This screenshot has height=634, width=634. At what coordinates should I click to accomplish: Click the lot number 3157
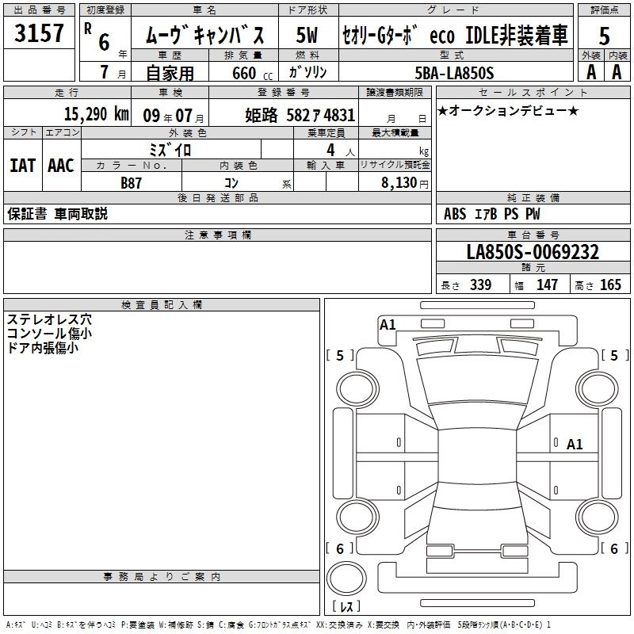click(x=39, y=32)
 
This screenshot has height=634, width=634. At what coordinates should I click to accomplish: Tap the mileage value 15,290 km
click(x=97, y=114)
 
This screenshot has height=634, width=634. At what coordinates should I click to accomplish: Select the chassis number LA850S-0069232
click(x=533, y=252)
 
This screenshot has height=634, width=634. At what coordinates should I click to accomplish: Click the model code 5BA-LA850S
click(x=454, y=73)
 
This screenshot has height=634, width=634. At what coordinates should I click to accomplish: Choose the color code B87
click(x=131, y=183)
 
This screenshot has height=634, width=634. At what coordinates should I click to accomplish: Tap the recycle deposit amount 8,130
click(x=399, y=182)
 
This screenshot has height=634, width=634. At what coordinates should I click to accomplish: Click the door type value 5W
click(x=307, y=35)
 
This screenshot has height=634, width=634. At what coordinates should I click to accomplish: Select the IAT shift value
click(x=23, y=166)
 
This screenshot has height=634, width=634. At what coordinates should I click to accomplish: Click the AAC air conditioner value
click(x=61, y=166)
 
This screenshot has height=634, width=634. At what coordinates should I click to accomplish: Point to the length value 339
click(x=480, y=285)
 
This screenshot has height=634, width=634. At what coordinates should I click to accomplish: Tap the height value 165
click(x=610, y=285)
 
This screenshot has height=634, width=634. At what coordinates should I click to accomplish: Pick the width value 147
click(x=547, y=285)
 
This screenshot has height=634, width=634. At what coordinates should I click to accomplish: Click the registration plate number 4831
click(x=339, y=115)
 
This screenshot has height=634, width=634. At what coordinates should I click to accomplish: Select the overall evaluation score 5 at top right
click(x=604, y=36)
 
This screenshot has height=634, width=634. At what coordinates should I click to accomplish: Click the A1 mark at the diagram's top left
click(x=388, y=325)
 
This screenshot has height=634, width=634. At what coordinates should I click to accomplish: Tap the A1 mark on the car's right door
click(x=575, y=445)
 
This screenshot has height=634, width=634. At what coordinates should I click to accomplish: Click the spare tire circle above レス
click(x=346, y=579)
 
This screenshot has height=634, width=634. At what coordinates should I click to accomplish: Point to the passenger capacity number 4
click(x=330, y=151)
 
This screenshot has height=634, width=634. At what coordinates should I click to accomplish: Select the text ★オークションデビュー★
click(x=508, y=110)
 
